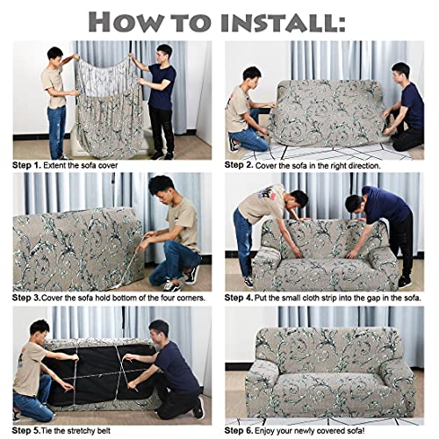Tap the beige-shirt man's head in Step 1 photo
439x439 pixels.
(x=54, y=54)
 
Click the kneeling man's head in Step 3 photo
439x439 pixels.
(x=161, y=187)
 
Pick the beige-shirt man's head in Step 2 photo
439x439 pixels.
(x=252, y=74)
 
